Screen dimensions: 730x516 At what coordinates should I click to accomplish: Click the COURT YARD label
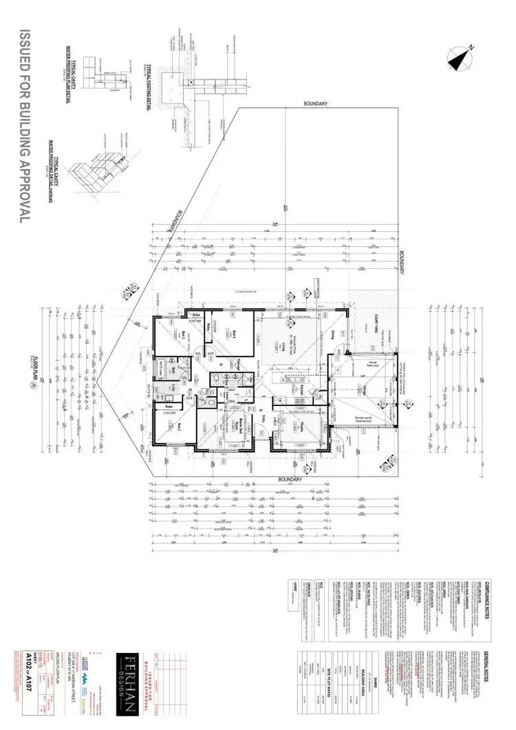[378, 323]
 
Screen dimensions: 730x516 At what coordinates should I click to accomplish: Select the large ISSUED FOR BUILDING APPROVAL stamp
[25, 124]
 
